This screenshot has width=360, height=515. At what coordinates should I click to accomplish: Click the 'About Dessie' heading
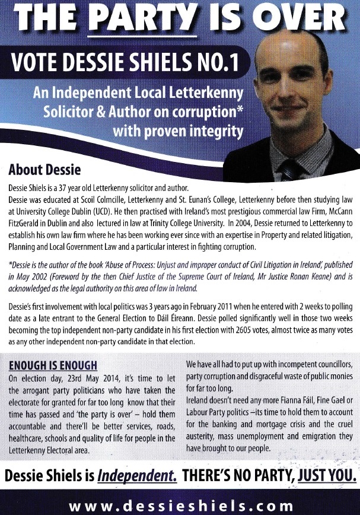[x=44, y=170]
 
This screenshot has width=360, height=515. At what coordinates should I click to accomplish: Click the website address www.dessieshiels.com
[x=180, y=506]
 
